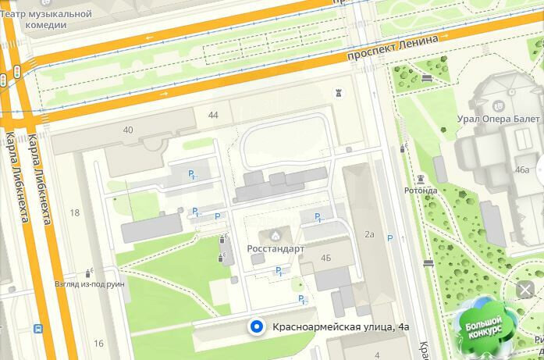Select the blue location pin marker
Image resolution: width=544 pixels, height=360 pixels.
254,327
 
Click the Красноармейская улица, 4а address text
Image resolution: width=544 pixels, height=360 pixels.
341,327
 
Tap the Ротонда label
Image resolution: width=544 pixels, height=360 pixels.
421,190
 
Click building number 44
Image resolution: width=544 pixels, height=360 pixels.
213,116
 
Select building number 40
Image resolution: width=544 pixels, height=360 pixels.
128,130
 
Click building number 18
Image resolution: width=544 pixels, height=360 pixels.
75,212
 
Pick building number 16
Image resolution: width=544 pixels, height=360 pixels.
98,343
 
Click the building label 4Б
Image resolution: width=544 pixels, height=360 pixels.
326,257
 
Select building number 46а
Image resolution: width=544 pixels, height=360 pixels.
522,169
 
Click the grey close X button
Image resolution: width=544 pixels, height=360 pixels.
525,290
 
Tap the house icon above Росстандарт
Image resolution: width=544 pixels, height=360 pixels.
275,235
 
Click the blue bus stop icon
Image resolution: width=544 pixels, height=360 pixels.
37,330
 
